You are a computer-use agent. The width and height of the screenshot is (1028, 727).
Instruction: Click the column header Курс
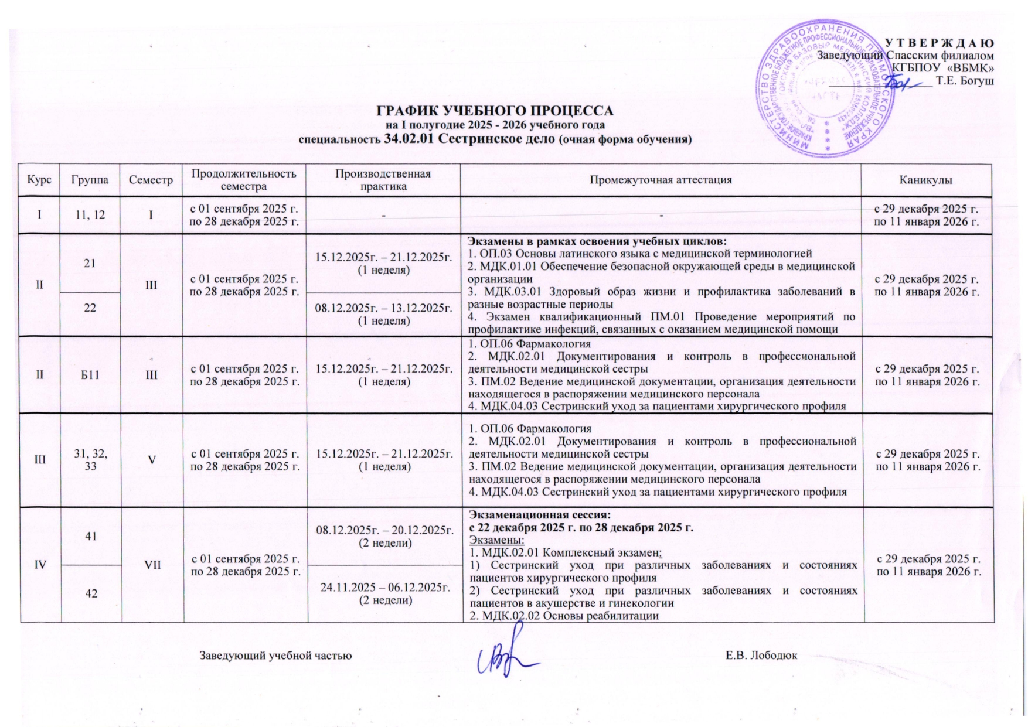tap(39, 180)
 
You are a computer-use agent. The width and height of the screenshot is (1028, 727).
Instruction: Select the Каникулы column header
tap(926, 180)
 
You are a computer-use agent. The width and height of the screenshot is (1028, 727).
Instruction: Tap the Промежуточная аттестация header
tap(661, 180)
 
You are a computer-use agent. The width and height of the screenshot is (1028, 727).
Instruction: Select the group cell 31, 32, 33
tap(91, 460)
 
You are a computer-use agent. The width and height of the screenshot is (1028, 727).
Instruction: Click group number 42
tap(91, 593)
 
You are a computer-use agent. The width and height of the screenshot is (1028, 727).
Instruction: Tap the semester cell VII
tap(152, 564)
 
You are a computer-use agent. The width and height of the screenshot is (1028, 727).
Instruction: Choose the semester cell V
tap(152, 460)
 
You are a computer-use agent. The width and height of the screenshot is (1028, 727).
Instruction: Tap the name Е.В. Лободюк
tap(761, 655)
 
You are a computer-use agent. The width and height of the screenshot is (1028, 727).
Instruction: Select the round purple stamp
tap(826, 88)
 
